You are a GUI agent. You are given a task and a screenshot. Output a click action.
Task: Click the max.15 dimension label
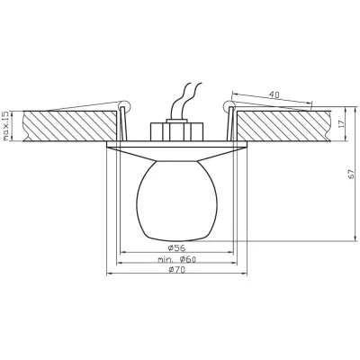point(7,127)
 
